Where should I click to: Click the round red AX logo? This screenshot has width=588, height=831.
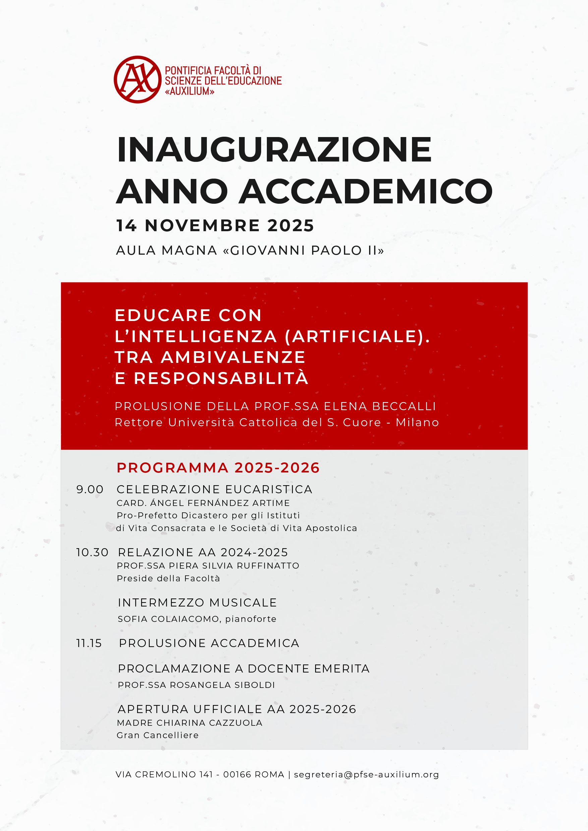(137, 79)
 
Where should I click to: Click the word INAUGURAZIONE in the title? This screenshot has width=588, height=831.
(275, 149)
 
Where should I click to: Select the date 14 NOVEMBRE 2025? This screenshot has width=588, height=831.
(215, 226)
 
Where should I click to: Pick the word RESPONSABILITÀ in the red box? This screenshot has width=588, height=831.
(221, 378)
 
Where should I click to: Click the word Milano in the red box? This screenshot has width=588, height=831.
(417, 423)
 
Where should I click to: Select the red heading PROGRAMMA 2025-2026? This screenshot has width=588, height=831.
(218, 468)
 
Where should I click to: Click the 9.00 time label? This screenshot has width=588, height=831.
(90, 489)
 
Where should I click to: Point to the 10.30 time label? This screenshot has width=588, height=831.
(92, 552)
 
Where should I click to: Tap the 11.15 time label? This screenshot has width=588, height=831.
(89, 643)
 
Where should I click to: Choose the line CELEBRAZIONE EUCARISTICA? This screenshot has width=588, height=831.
(215, 489)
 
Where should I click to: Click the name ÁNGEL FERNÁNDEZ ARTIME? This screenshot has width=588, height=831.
(220, 503)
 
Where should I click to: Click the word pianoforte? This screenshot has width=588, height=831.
(251, 619)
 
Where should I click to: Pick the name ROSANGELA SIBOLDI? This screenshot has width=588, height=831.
(222, 685)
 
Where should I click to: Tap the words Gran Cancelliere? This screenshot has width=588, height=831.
(158, 735)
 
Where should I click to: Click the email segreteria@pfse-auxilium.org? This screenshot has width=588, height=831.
(366, 774)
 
